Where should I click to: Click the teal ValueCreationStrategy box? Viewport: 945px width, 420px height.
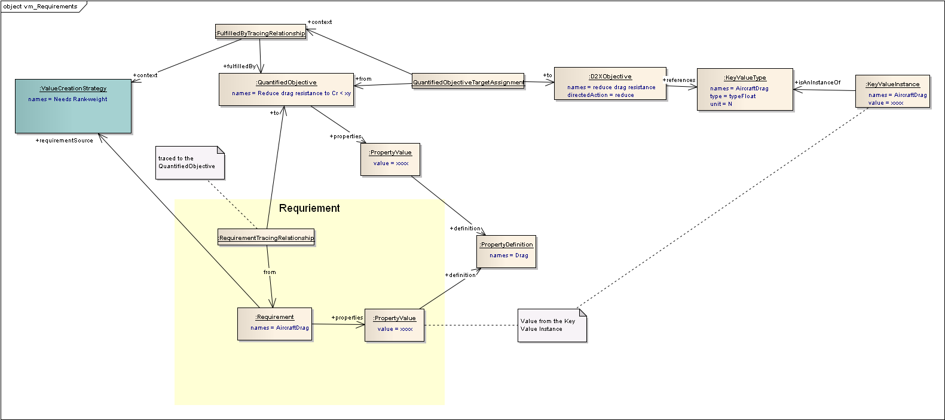click(x=73, y=106)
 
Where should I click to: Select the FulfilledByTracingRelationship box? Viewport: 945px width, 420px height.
click(x=261, y=32)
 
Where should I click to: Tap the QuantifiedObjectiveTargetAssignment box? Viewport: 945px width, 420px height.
click(x=468, y=82)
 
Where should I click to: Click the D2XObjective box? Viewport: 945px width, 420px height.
click(x=610, y=84)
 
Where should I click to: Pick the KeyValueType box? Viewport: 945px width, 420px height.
click(x=745, y=90)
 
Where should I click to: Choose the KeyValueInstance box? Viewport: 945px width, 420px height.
click(x=892, y=92)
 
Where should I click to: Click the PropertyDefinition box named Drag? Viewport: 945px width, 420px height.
click(x=506, y=251)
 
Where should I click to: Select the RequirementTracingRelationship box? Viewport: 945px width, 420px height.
click(x=266, y=238)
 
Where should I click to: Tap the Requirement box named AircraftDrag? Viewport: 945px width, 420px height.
click(x=275, y=324)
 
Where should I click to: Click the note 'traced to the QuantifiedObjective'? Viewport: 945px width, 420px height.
click(x=189, y=163)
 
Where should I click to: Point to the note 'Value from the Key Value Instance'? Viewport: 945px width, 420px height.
click(x=552, y=325)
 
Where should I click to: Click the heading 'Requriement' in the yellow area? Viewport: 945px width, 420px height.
click(x=309, y=208)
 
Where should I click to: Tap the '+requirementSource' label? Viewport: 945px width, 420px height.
click(x=64, y=141)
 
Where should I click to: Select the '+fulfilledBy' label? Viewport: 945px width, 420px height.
click(x=239, y=66)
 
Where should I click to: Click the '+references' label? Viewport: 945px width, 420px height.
click(x=679, y=80)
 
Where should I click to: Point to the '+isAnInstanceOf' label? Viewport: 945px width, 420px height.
click(x=817, y=83)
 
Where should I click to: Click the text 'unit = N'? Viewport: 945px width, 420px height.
click(x=721, y=104)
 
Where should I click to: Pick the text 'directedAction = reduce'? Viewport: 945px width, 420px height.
click(x=600, y=95)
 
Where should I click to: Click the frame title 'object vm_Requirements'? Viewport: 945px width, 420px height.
click(x=40, y=7)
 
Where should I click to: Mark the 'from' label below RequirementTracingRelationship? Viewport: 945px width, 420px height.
click(x=270, y=272)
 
